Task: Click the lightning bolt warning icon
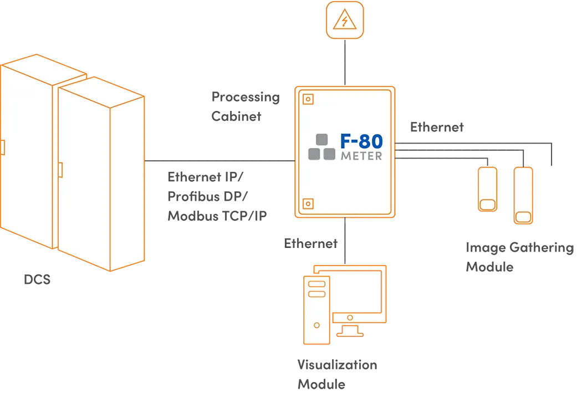(344, 21)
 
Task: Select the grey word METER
(361, 156)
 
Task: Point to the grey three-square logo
(322, 147)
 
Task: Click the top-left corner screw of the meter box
(308, 99)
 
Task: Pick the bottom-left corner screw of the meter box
(308, 204)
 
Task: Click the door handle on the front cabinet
(60, 170)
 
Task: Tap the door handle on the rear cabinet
(2, 147)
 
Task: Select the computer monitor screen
(357, 292)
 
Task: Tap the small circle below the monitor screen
(350, 318)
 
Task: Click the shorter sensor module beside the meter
(487, 189)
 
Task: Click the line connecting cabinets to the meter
(219, 161)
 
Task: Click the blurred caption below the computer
(336, 375)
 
